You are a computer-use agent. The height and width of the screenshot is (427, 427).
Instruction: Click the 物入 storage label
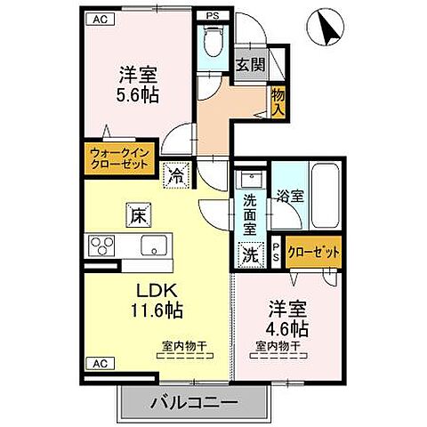278,101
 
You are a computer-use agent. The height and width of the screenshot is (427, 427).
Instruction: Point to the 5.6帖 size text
139,95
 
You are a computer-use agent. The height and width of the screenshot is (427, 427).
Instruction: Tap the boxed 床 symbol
139,213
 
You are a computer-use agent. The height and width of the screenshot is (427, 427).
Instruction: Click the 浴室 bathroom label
290,195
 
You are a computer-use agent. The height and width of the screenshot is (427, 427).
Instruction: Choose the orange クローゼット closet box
314,253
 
